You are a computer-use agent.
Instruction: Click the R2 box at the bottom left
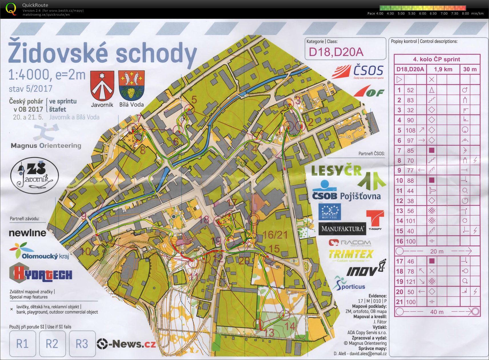point(52,343)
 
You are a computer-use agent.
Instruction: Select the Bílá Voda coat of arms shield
point(131,85)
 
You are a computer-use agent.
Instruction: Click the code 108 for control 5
point(410,130)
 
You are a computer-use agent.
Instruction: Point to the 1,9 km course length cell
point(443,69)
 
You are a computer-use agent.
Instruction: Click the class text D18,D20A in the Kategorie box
point(336,52)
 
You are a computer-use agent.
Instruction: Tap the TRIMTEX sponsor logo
point(351,254)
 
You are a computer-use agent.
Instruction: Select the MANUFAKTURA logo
point(342,229)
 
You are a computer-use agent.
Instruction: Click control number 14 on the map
point(290,326)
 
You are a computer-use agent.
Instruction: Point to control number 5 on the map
point(194,100)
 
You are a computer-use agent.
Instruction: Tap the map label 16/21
point(275,235)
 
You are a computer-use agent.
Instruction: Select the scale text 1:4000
point(29,75)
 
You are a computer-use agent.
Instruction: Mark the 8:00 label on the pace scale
point(465,13)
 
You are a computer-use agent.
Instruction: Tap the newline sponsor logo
point(27,233)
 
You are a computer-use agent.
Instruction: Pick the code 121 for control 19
point(410,282)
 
